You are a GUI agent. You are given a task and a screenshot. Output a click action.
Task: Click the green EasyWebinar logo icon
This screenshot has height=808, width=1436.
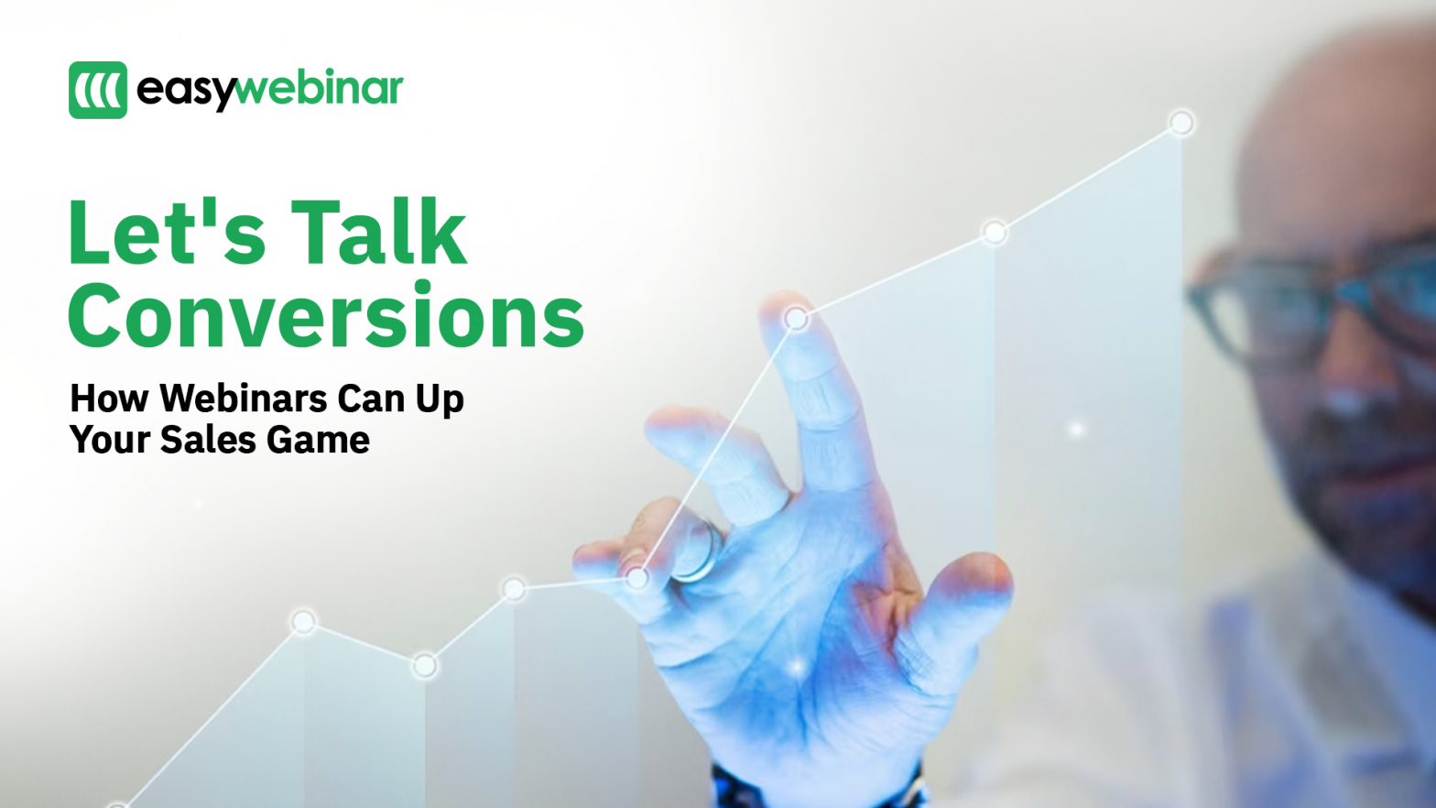98,90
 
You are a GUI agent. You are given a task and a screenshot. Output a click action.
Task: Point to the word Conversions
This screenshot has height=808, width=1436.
326,316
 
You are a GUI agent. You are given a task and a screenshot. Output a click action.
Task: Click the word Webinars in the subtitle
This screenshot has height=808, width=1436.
244,399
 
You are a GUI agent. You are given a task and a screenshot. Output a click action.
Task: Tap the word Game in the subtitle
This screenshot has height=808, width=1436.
319,440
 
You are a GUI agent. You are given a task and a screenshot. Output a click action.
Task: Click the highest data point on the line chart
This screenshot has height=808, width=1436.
1181,123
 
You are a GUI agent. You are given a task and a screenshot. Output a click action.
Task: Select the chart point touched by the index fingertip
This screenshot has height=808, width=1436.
796,319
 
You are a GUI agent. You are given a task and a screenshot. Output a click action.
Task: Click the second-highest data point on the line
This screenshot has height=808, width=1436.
995,233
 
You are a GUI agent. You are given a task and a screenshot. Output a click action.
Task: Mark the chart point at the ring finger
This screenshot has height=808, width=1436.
636,577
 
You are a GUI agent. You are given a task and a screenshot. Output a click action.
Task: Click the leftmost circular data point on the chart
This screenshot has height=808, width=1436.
303,623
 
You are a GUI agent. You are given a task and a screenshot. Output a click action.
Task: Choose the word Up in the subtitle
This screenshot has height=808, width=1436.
440,399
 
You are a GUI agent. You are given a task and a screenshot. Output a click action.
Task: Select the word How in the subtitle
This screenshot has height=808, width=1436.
109,399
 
